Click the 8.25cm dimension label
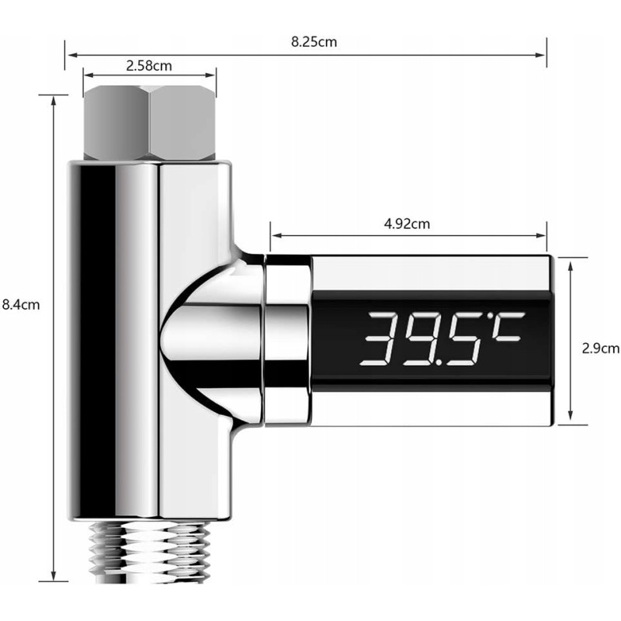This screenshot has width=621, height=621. click(314, 42)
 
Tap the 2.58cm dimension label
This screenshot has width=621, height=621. click(149, 66)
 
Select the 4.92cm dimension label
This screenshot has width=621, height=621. click(407, 224)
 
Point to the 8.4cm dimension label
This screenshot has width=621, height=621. click(21, 304)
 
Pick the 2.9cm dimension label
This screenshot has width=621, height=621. click(600, 348)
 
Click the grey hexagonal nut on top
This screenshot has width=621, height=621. click(150, 123)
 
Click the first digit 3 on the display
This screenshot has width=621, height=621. click(382, 339)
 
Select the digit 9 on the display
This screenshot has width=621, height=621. click(418, 339)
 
